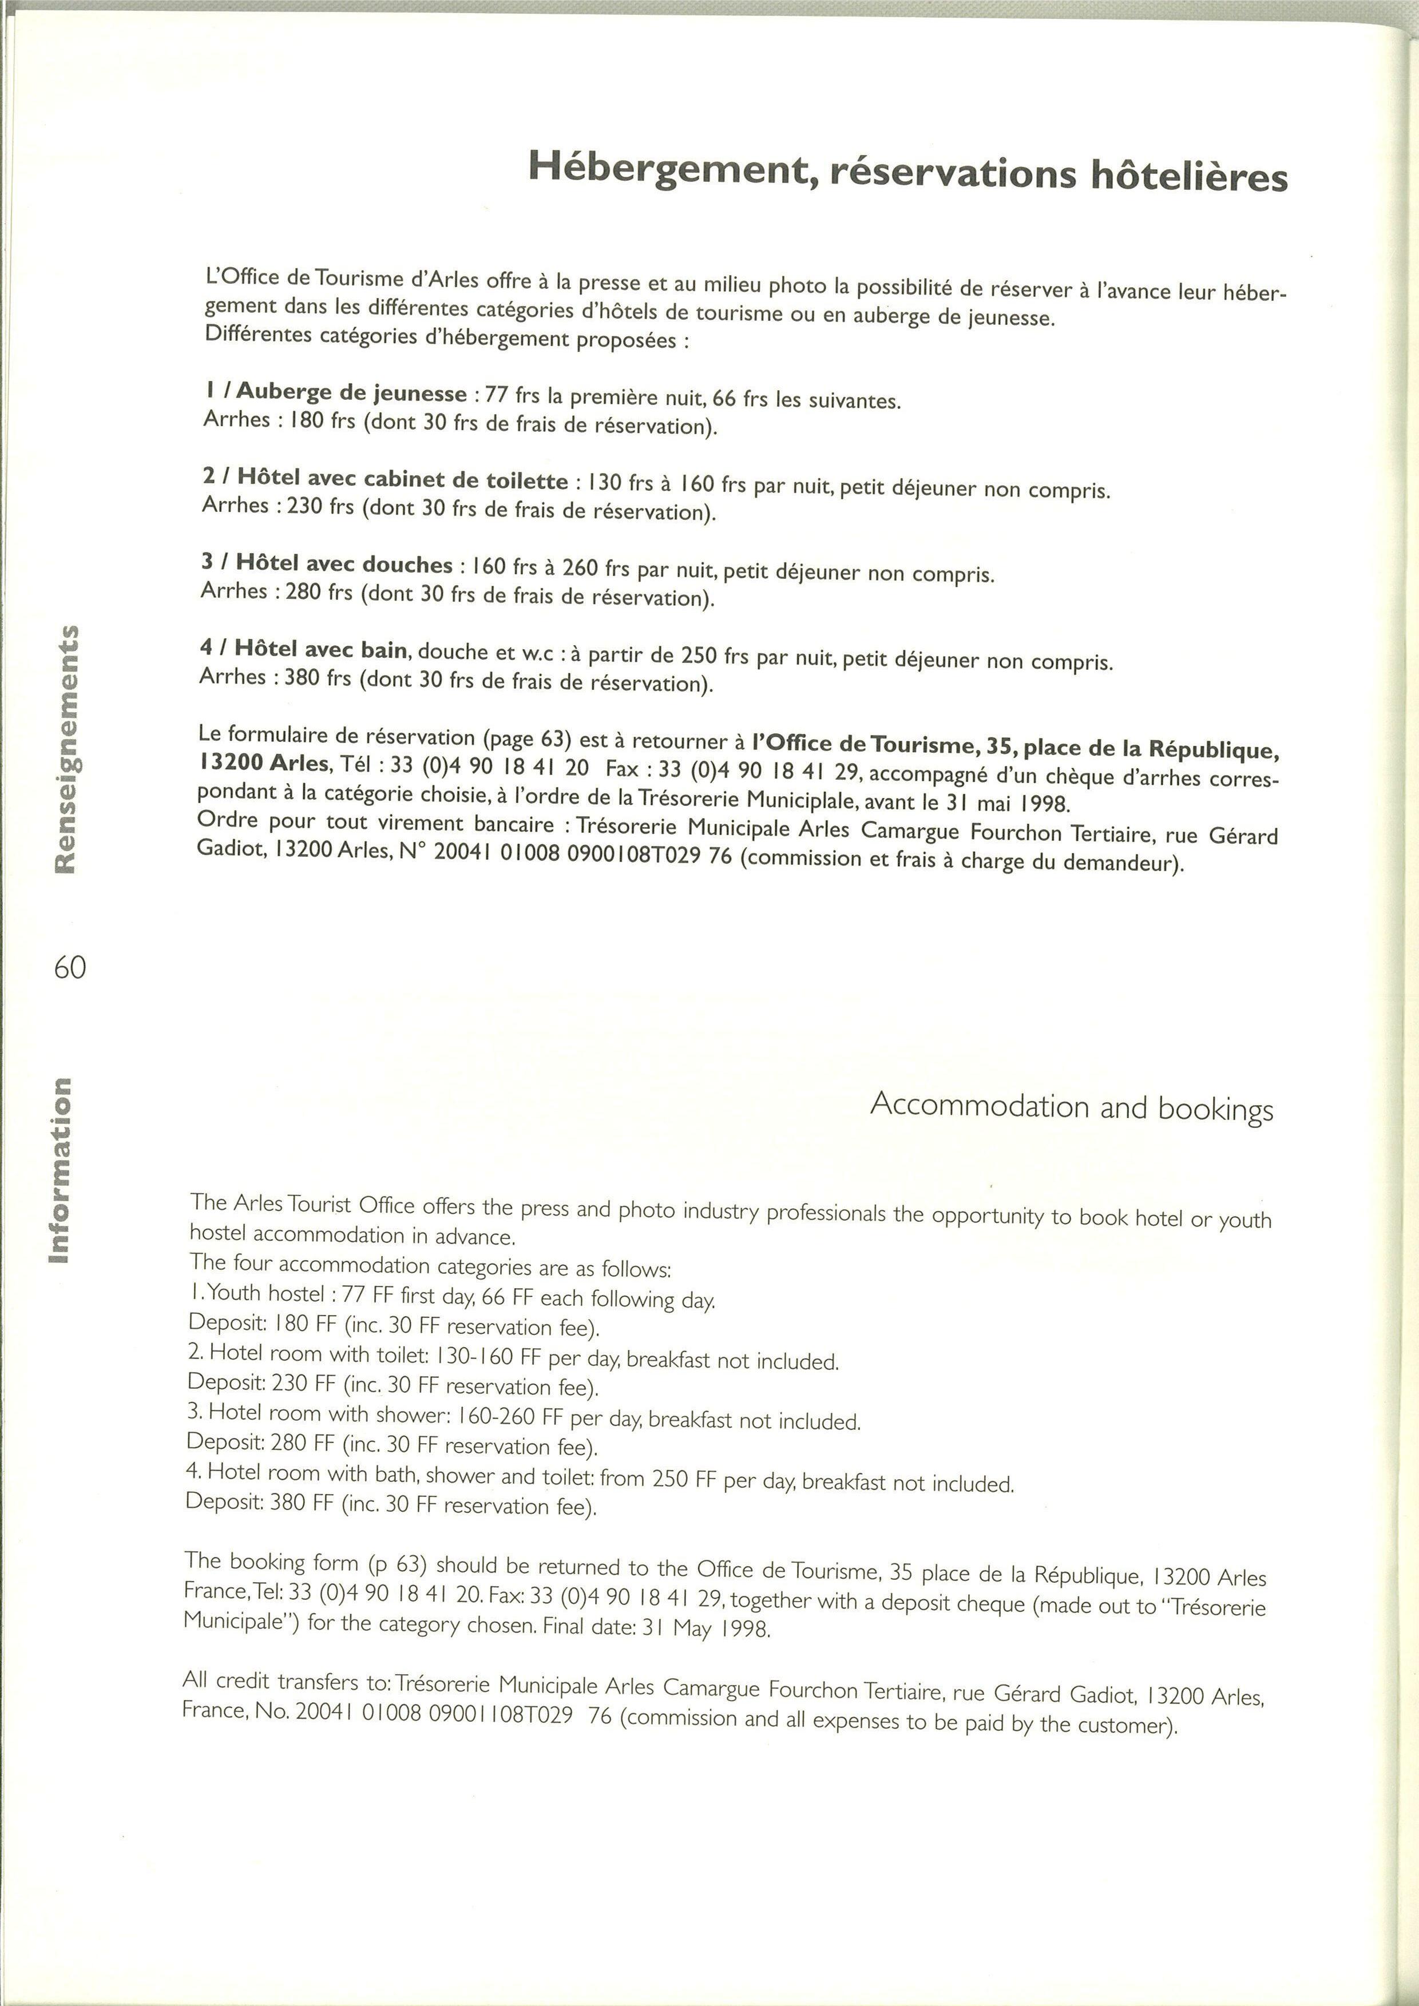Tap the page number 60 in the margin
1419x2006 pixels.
pyautogui.click(x=70, y=967)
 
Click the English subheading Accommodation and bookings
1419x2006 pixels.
pyautogui.click(x=1071, y=1106)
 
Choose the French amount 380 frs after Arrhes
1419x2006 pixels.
pyautogui.click(x=318, y=677)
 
